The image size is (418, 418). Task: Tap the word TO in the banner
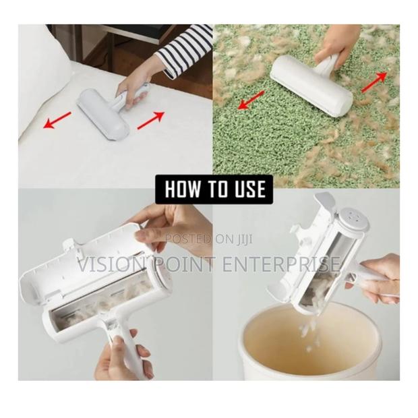pos(214,189)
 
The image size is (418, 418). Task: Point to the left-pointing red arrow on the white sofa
pos(57,120)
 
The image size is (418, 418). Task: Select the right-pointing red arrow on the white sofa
pos(151,121)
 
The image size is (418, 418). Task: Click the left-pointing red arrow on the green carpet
pos(251,100)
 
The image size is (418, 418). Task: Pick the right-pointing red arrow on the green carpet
pos(374,82)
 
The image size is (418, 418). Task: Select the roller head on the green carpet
pos(311,86)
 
